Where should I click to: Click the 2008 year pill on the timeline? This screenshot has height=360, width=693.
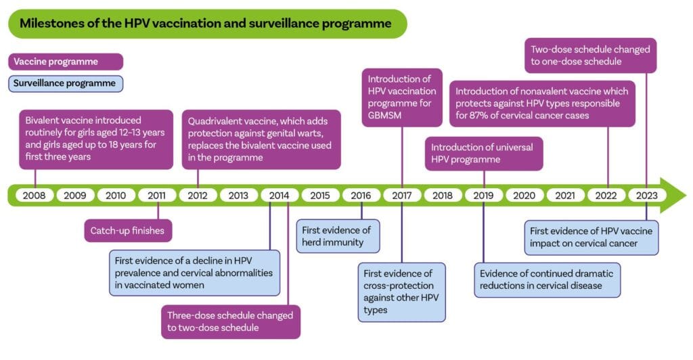(x=35, y=196)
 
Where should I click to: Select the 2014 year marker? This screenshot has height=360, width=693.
(x=279, y=196)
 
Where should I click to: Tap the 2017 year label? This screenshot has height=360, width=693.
(x=402, y=196)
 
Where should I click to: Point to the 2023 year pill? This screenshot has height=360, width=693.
(x=647, y=196)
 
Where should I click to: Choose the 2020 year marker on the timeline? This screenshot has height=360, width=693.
(x=524, y=196)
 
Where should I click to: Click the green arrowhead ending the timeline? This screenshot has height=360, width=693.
(x=673, y=196)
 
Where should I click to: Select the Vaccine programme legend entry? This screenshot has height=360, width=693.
(x=66, y=62)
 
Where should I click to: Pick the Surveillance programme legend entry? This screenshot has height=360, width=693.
(x=66, y=84)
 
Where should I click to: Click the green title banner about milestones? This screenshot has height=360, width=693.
(x=206, y=24)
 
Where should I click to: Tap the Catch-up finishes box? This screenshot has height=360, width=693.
(x=127, y=230)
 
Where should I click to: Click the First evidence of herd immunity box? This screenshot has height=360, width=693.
(x=338, y=236)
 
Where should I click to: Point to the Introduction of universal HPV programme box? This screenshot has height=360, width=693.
(x=484, y=153)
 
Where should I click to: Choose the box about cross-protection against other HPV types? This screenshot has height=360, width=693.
(x=401, y=292)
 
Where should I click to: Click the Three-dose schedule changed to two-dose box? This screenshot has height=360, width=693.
(x=230, y=321)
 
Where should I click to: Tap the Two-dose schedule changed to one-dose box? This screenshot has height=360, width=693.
(x=590, y=55)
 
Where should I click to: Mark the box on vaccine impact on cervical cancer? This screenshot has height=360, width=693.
(x=591, y=237)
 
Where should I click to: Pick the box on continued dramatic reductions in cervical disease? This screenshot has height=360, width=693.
(x=547, y=279)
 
